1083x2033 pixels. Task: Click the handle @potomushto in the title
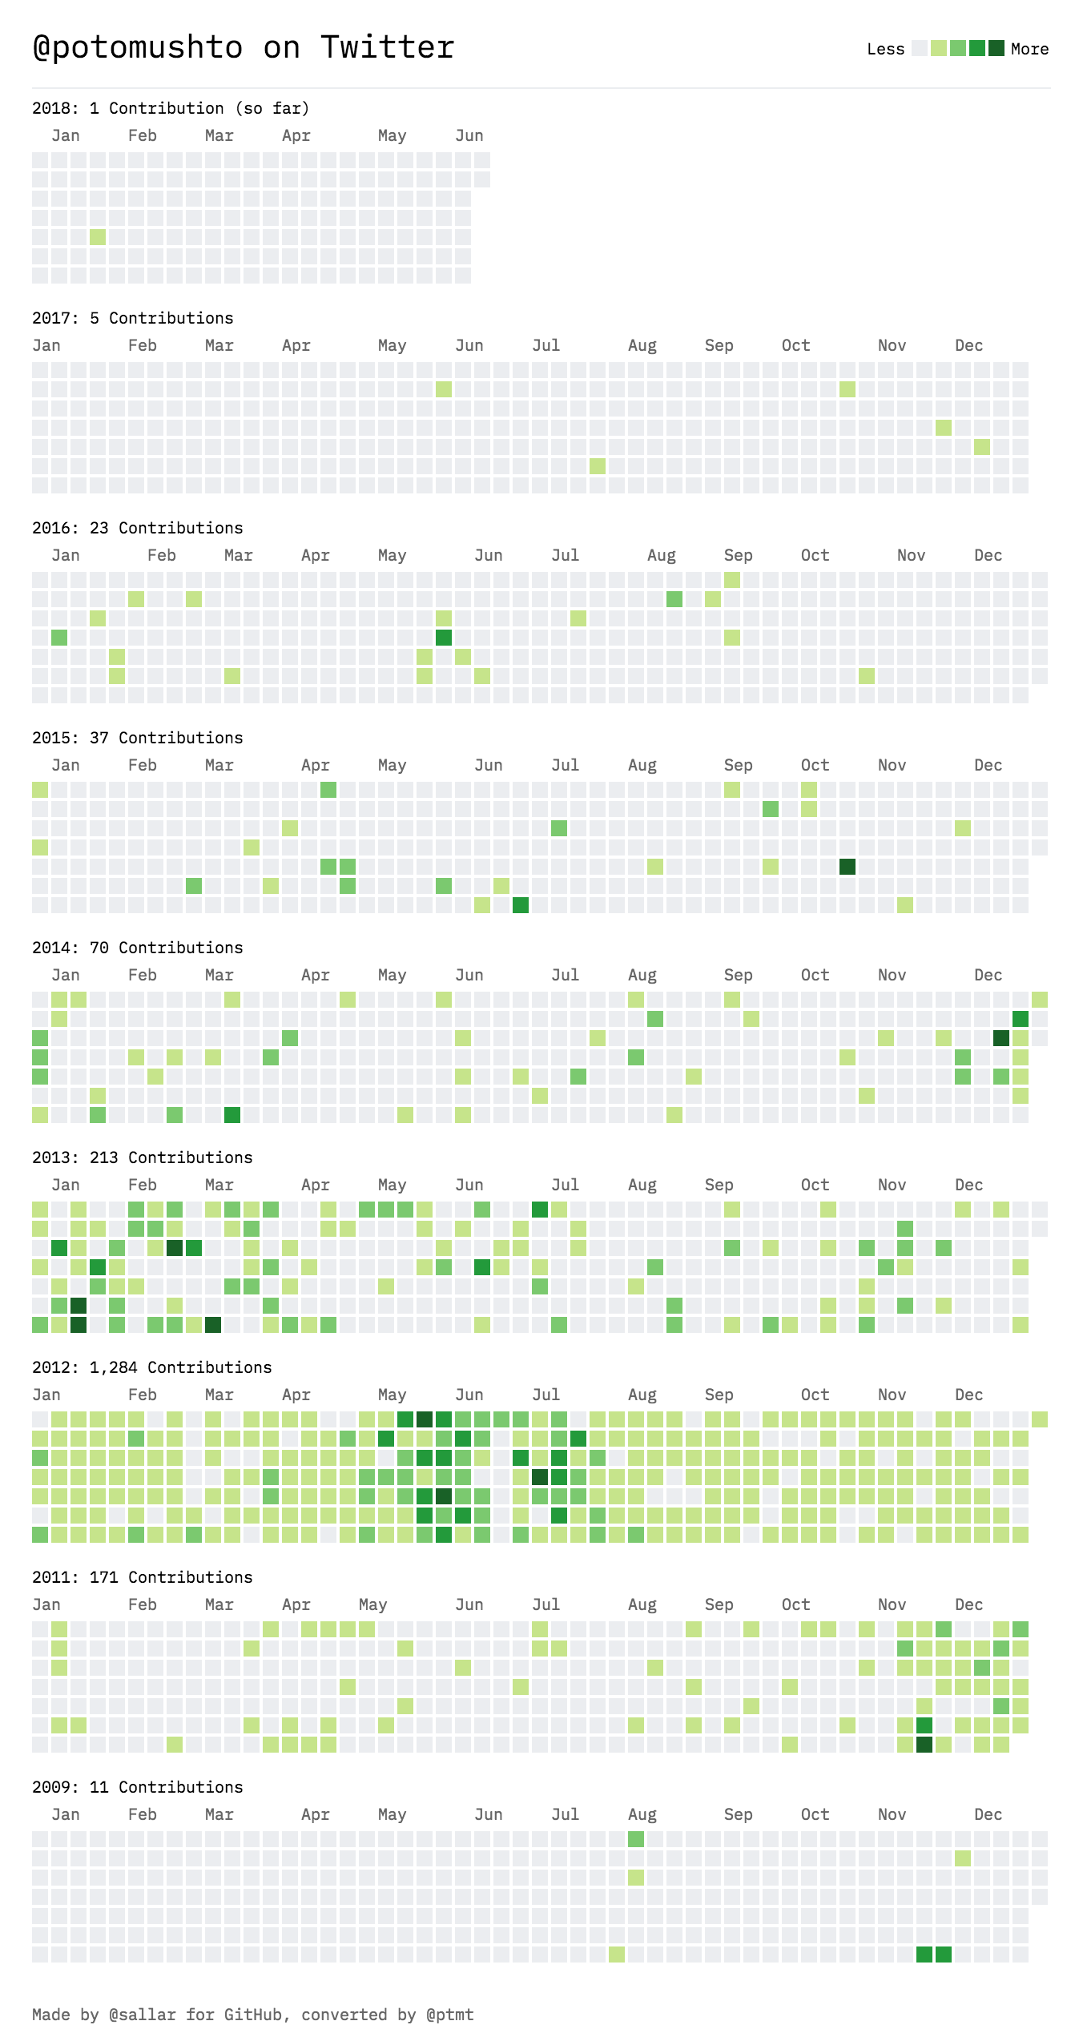[x=138, y=48]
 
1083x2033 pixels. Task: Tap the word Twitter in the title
[x=387, y=48]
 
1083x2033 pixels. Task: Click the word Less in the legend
[x=885, y=49]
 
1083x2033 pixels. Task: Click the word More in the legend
[x=1029, y=49]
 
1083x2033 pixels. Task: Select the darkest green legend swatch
[x=996, y=48]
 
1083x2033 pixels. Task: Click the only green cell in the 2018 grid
[x=98, y=237]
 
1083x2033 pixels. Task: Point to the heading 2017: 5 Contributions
[x=132, y=318]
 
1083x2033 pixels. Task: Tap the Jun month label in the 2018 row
[x=469, y=135]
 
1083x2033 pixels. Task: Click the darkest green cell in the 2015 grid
[x=847, y=867]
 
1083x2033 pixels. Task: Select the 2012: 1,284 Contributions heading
[x=151, y=1367]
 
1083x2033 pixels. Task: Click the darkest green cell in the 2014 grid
[x=1001, y=1038]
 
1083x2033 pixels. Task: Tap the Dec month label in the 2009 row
[x=988, y=1814]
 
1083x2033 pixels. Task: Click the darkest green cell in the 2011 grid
[x=924, y=1745]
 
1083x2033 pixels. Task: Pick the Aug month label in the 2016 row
[x=661, y=555]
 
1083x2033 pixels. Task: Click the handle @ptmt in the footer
[x=449, y=2014]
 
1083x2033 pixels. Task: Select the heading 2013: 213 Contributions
[x=142, y=1157]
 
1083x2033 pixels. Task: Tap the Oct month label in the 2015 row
[x=815, y=765]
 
